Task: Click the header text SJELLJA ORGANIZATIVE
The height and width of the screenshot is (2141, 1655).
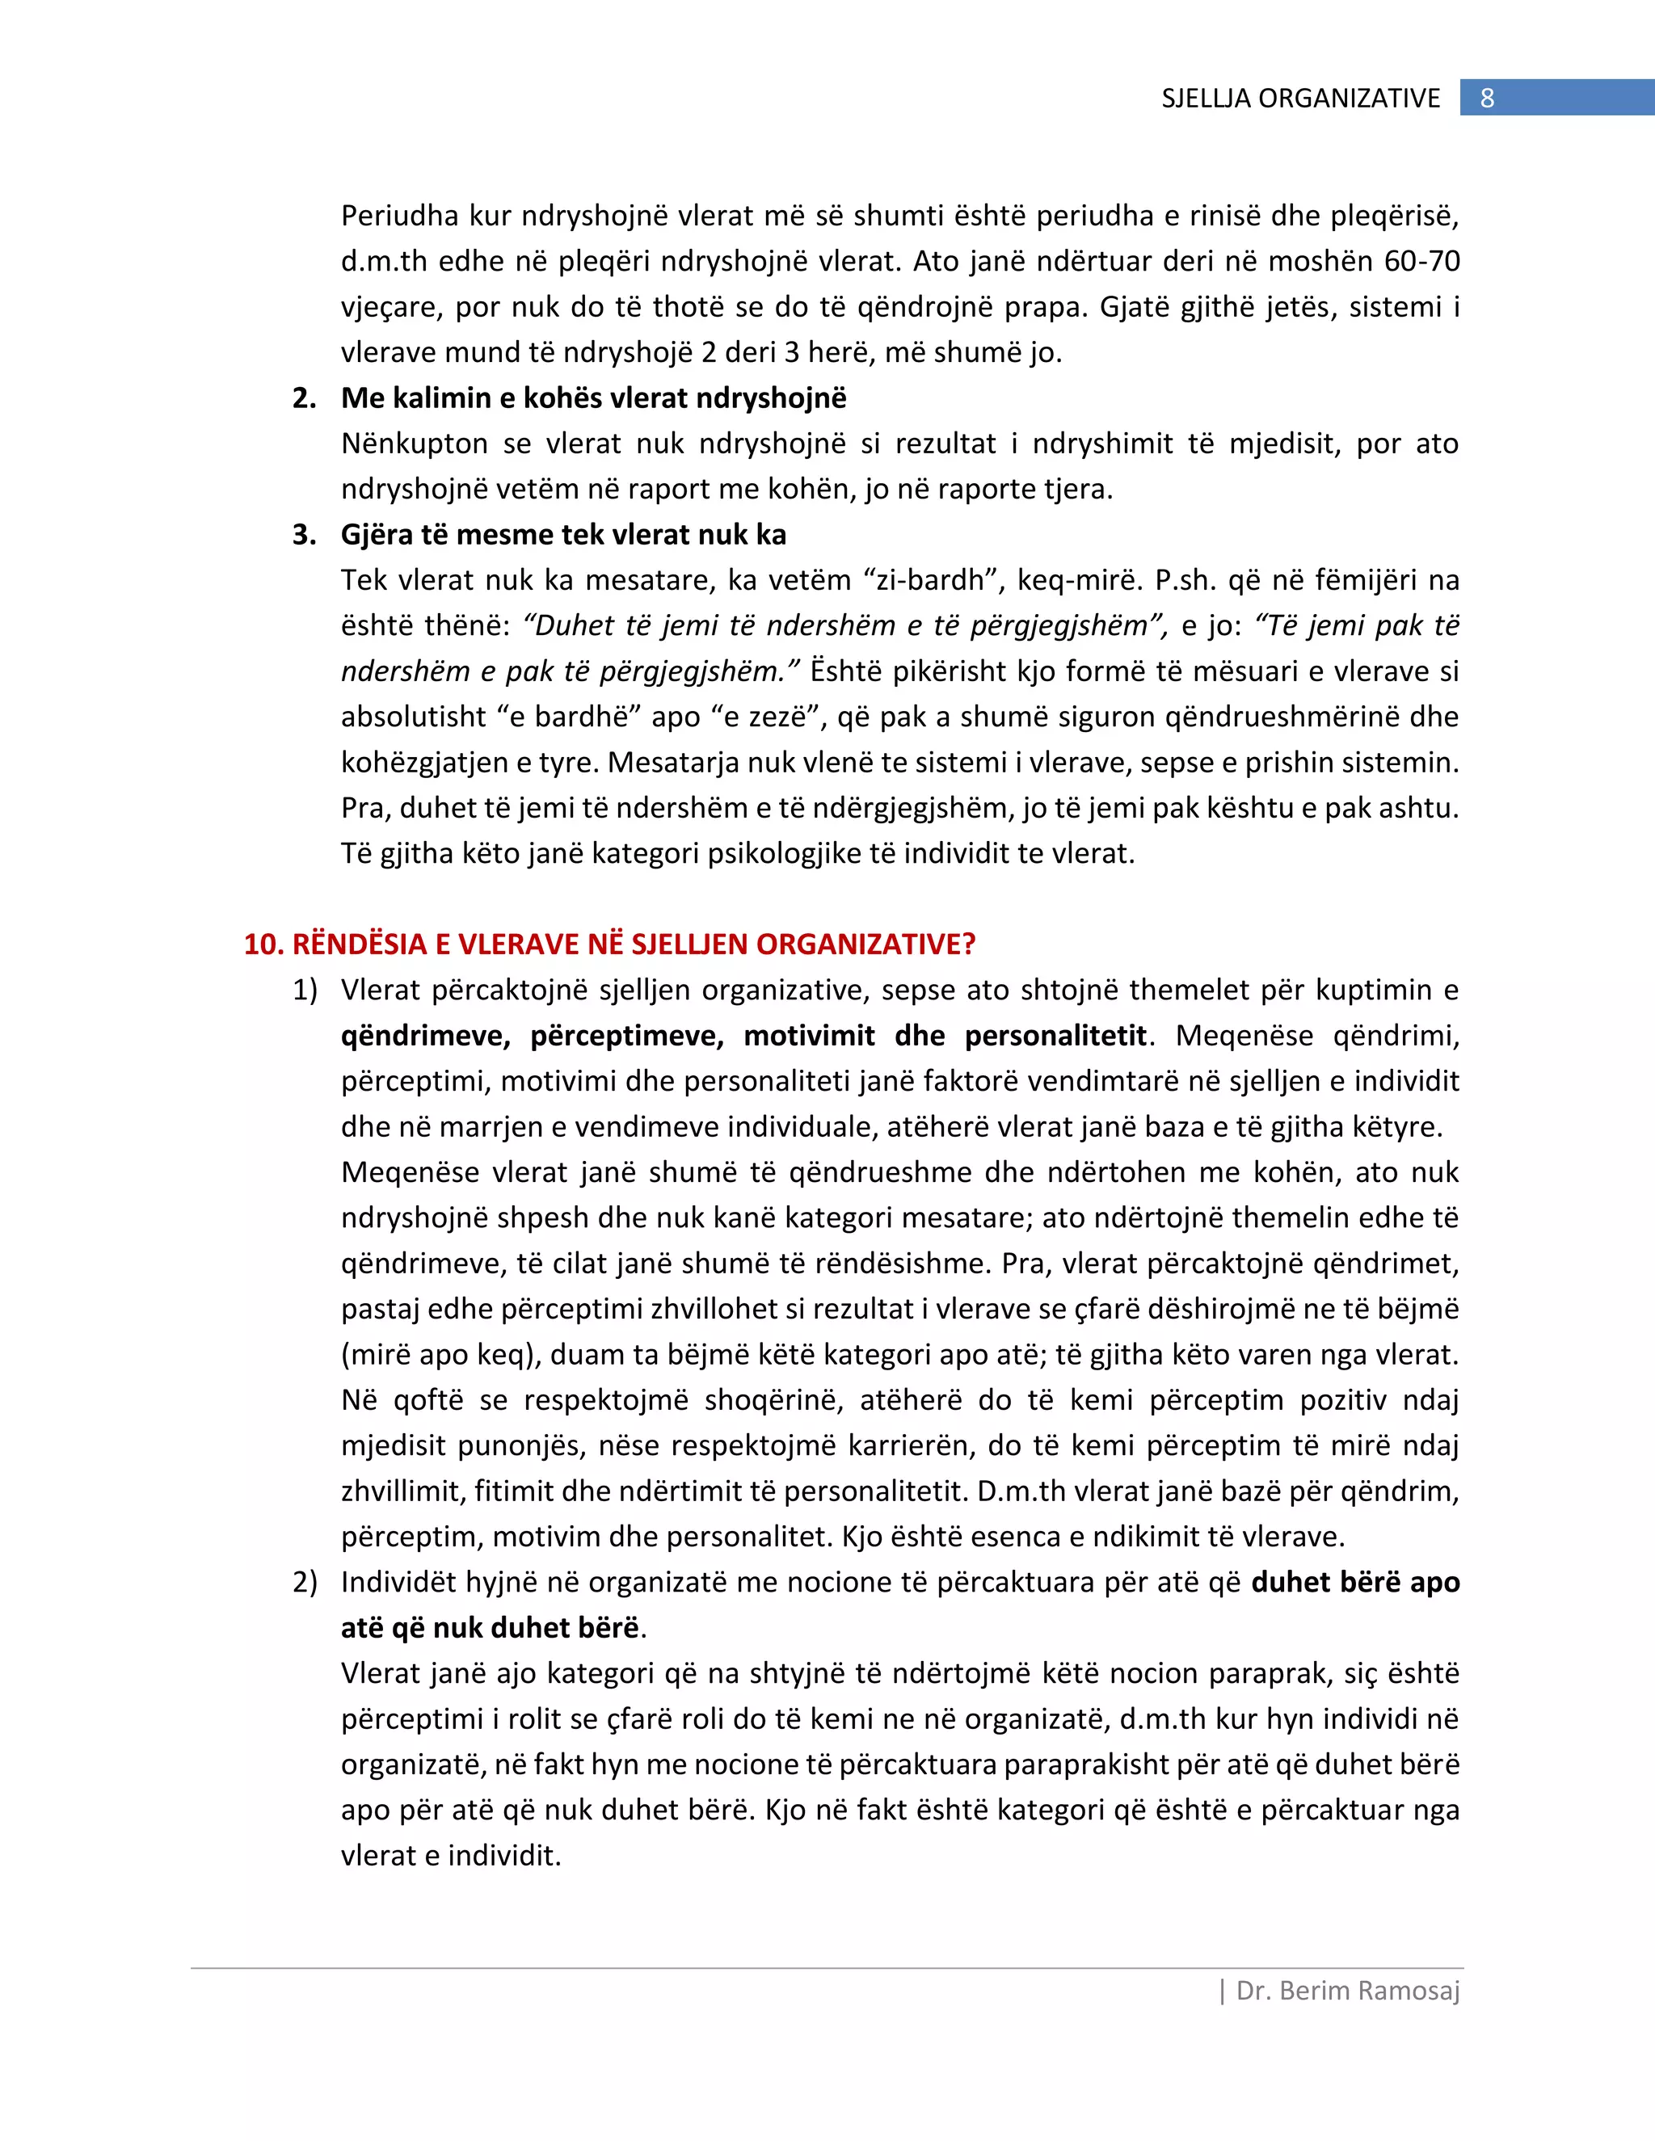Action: point(1300,98)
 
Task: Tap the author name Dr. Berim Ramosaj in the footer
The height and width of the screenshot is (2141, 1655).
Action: point(1347,1991)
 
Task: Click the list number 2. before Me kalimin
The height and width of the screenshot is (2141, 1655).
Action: point(304,398)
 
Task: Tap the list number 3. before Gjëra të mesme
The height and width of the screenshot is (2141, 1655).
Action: point(304,534)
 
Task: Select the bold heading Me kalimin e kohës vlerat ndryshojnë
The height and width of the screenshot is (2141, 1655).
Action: point(593,398)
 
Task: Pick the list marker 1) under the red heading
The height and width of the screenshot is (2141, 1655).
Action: point(305,991)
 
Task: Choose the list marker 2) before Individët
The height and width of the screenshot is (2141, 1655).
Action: point(305,1582)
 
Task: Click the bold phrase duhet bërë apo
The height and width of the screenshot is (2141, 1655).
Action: point(1355,1582)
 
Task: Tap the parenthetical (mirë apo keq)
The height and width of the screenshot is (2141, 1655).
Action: point(441,1355)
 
